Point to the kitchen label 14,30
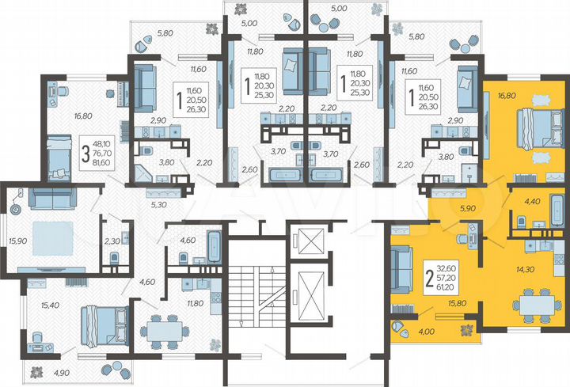pos(525,270)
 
